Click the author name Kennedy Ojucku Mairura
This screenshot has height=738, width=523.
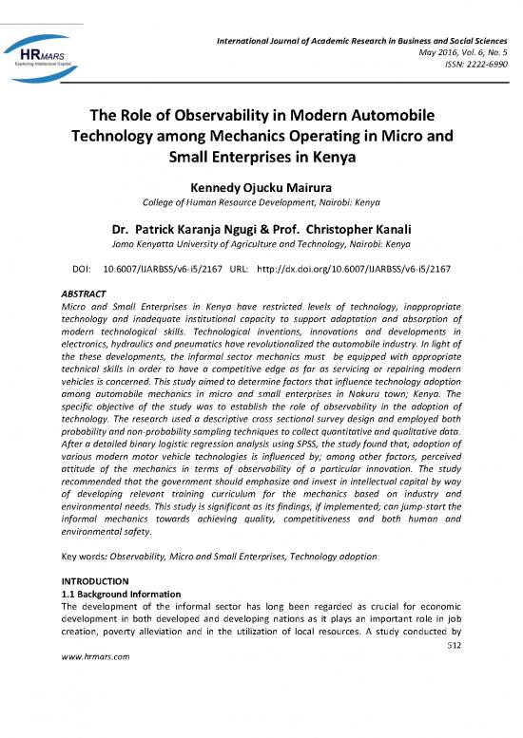pos(261,188)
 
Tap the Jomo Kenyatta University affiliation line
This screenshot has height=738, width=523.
pos(261,243)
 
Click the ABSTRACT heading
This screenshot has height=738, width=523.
pos(82,294)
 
